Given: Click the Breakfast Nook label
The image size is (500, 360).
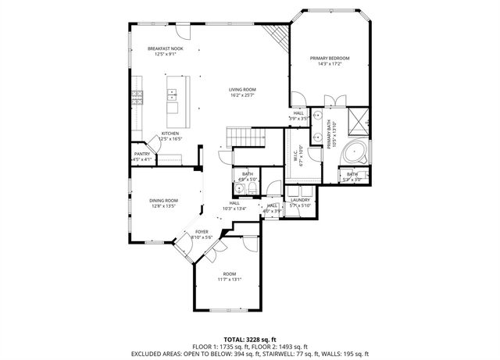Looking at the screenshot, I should (165, 49).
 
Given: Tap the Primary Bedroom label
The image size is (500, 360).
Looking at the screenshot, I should (329, 59).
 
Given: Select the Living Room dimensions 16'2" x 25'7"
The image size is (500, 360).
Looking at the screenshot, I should (242, 95).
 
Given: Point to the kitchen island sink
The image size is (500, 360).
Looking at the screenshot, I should (172, 95).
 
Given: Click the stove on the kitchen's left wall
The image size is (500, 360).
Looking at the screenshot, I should (137, 97).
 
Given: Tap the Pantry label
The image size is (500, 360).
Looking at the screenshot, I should (141, 154).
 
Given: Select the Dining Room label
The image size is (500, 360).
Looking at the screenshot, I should (164, 201).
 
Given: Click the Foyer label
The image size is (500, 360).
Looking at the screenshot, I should (202, 232).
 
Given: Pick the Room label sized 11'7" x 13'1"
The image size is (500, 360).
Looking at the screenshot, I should (229, 273).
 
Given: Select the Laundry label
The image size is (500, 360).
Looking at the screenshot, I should (300, 200).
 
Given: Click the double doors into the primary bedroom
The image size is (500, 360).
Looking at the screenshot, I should (334, 98).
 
